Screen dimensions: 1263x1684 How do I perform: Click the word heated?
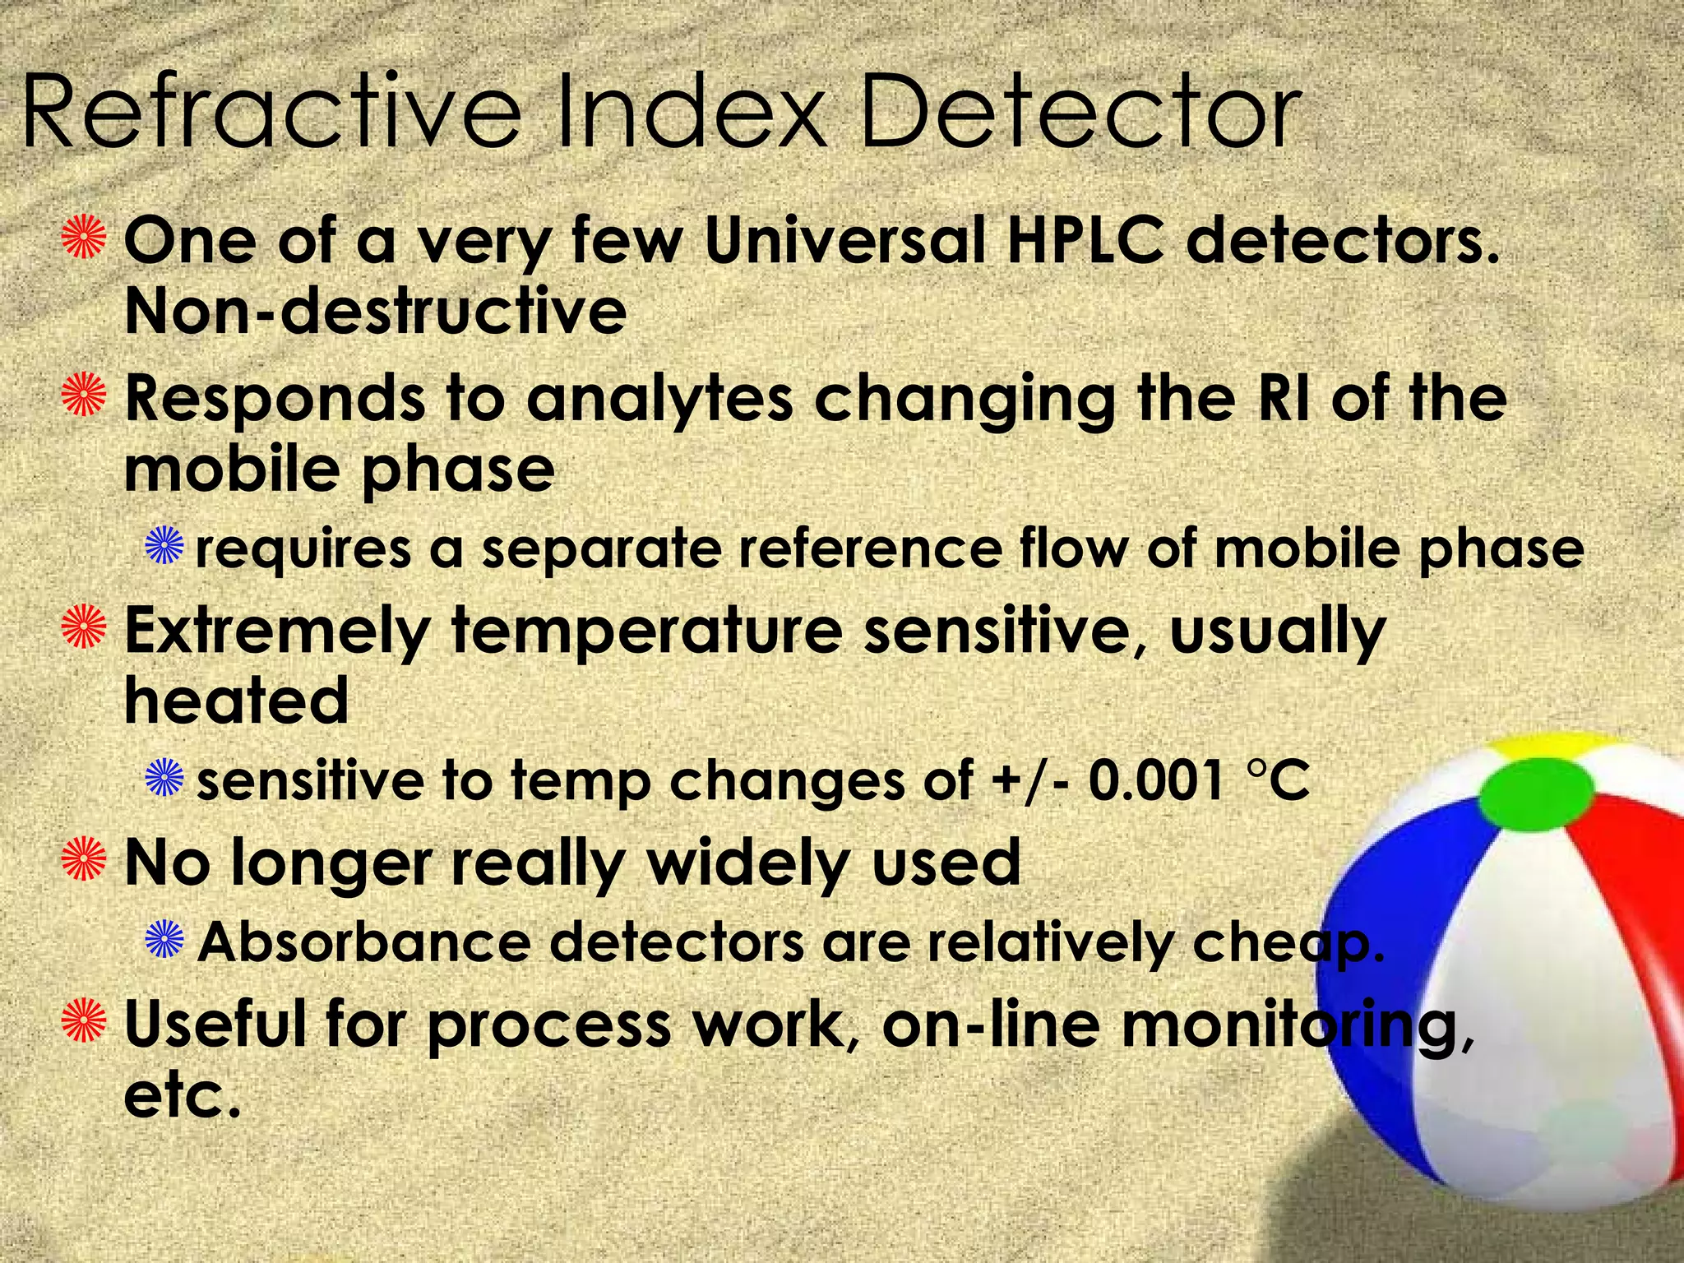(236, 701)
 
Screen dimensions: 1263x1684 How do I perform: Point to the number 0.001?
(1156, 780)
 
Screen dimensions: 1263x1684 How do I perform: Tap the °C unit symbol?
(1278, 780)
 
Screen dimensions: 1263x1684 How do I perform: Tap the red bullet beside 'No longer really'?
(85, 859)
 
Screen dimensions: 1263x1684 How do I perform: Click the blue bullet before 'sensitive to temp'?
(164, 779)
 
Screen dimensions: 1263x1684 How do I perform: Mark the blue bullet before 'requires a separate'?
(164, 546)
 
